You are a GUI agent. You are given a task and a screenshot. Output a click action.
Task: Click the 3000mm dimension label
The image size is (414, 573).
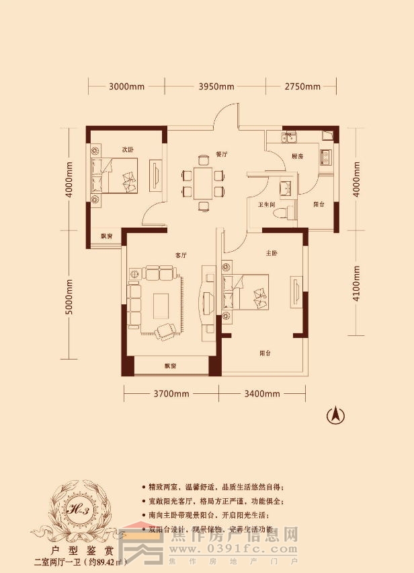click(127, 87)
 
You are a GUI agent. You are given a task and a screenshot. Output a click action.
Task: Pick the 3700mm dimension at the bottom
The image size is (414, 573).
click(171, 394)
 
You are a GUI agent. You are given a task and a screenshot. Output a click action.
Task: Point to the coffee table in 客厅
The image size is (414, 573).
click(162, 307)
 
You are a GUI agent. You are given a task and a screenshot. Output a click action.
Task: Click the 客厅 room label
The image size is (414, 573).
click(180, 255)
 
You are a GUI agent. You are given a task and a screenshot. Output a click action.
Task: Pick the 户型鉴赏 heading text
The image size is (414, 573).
click(81, 549)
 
